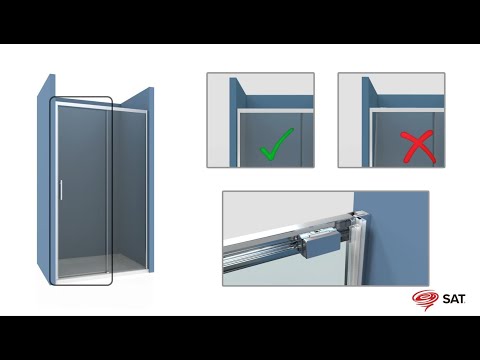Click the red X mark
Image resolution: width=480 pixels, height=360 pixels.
[x=418, y=147]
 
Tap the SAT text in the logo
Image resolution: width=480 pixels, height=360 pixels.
[x=454, y=299]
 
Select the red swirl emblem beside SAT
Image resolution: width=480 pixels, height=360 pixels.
[x=425, y=300]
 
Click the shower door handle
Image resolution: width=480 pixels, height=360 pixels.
[x=61, y=190]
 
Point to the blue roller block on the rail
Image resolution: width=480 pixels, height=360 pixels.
[x=320, y=245]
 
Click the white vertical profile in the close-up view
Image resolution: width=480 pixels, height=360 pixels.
[x=355, y=248]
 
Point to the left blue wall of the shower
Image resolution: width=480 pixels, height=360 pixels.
[x=46, y=177]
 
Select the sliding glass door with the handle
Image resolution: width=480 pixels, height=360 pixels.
[x=82, y=190]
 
